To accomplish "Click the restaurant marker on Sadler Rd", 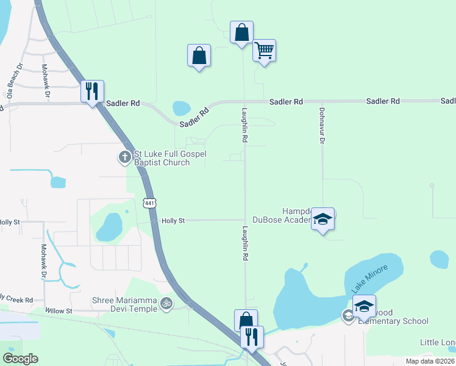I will pos(92,91).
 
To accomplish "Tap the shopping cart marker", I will pos(264,51).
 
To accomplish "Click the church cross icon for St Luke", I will pos(124,157).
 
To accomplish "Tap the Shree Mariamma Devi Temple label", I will pos(124,304).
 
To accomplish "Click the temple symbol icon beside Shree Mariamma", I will pos(166,303).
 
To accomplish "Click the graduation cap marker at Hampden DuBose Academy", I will pos(322,220).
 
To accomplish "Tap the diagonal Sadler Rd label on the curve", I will pos(194,117).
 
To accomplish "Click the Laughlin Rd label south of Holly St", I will pos(246,244).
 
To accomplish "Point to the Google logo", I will pos(20,359).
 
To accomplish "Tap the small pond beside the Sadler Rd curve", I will pos(181,109).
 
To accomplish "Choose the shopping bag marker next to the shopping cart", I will pos(241,32).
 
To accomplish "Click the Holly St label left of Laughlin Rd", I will pos(173,221).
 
